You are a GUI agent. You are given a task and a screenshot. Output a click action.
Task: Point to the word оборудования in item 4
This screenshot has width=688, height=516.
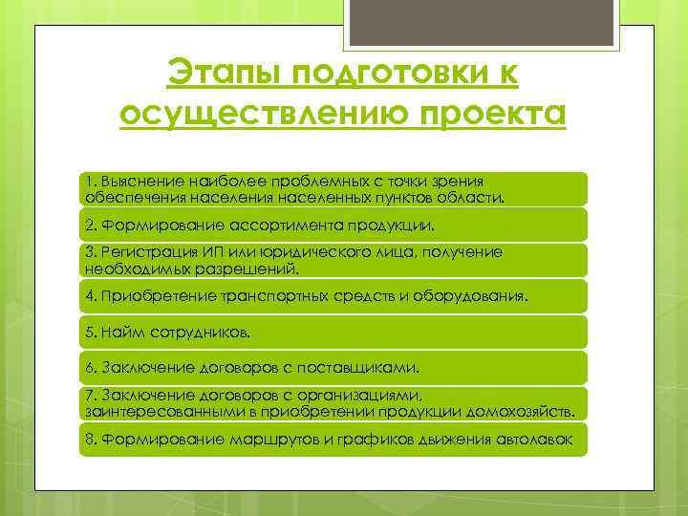point(468,296)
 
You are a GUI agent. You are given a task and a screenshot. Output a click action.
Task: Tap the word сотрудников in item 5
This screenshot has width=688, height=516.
point(195,333)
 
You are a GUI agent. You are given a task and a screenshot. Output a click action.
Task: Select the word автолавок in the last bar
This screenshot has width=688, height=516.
point(537,440)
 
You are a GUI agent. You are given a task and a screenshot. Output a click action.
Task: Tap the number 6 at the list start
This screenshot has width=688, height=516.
point(89,367)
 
